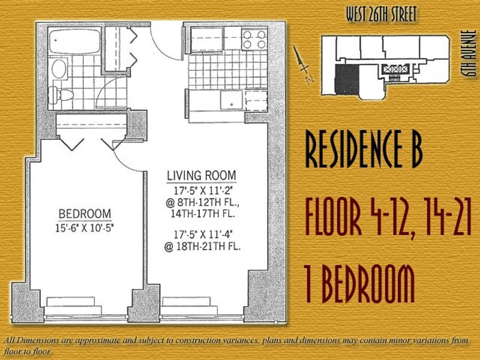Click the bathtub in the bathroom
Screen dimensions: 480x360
pos(74,41)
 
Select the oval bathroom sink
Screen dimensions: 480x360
pos(59,68)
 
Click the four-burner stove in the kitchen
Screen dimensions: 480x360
pos(254,40)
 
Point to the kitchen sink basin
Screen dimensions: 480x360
pos(232,100)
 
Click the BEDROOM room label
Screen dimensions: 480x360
pos(85,214)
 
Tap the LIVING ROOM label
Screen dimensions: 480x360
pos(202,176)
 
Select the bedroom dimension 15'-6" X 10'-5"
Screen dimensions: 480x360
pos(85,228)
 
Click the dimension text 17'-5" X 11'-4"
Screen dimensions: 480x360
pos(203,235)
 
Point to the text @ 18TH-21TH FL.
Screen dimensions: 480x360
pos(202,247)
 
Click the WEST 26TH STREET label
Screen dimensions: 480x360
pos(382,14)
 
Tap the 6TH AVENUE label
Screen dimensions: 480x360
pos(470,53)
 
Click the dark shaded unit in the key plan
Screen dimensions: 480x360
pos(347,80)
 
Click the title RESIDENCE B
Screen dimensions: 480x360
pos(364,149)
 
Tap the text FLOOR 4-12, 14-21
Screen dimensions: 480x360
pos(388,217)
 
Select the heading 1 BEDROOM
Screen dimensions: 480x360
pos(359,284)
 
